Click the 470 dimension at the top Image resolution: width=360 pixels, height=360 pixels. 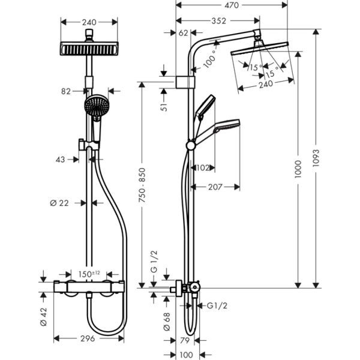[231, 5]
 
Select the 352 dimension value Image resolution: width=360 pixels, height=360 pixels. [218, 21]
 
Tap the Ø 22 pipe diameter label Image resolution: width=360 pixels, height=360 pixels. [59, 203]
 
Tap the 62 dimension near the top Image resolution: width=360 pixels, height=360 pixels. [184, 32]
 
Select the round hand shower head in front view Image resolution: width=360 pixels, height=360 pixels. [96, 106]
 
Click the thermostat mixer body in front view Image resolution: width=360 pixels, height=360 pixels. [90, 288]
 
